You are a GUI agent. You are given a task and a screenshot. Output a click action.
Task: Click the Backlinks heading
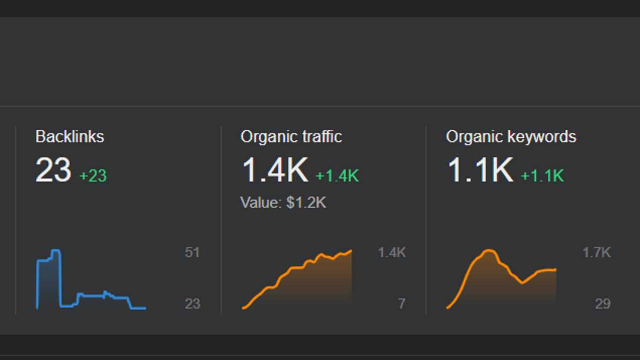(x=70, y=137)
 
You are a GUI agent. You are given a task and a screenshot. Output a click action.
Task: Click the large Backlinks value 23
(x=53, y=170)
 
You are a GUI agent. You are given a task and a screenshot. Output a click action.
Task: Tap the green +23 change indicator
(x=93, y=176)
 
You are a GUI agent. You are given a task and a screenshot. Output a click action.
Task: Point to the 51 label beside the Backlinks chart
(x=192, y=253)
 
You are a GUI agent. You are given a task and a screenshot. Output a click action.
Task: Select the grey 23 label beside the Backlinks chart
(x=192, y=304)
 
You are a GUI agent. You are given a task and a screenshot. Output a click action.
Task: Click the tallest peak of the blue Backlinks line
(x=56, y=250)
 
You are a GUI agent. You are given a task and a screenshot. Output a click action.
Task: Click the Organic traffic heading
(x=291, y=137)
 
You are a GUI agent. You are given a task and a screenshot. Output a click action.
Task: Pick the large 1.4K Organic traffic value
(x=275, y=170)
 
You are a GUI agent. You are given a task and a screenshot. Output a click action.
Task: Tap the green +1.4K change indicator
(x=337, y=176)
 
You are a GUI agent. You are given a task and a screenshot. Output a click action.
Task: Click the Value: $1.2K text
(x=283, y=202)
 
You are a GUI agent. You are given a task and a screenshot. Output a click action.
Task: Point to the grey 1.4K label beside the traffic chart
(x=392, y=253)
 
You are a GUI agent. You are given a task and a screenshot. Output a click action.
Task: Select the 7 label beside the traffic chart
(x=402, y=304)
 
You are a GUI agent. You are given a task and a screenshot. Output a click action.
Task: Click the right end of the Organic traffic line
(x=351, y=251)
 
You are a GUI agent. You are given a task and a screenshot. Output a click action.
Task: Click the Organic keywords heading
(x=511, y=137)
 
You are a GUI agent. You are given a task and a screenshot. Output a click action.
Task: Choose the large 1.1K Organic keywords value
(x=480, y=170)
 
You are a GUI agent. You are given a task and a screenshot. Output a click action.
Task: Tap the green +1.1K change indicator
(x=543, y=176)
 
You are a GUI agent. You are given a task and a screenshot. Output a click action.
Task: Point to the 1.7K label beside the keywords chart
(x=596, y=253)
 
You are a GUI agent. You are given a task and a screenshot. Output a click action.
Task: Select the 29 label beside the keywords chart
(x=603, y=304)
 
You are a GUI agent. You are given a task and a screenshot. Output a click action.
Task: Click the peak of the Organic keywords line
(x=488, y=250)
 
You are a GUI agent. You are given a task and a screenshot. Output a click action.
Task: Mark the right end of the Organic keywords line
(x=556, y=270)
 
